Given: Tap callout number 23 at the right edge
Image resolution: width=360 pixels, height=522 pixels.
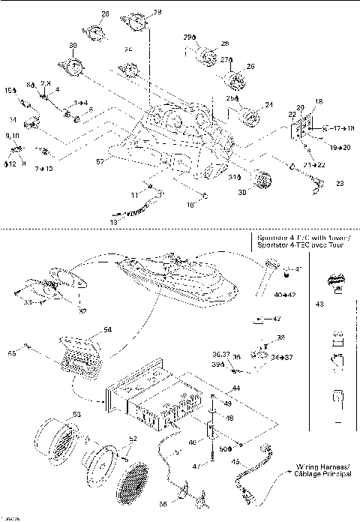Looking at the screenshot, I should point(339,183).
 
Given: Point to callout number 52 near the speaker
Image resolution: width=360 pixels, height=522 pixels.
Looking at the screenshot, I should point(112,439).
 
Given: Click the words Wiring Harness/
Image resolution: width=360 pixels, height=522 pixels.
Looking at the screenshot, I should point(319,466).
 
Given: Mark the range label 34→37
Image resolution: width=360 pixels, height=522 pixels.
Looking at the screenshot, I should point(283,357).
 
